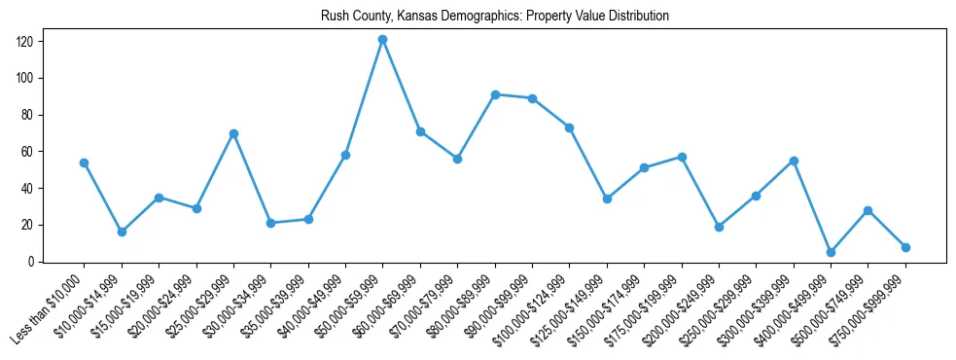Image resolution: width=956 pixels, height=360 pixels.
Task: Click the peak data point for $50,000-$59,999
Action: click(x=382, y=40)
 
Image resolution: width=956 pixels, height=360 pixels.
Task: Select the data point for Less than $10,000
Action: click(x=84, y=162)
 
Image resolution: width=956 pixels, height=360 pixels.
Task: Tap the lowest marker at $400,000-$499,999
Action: click(x=831, y=252)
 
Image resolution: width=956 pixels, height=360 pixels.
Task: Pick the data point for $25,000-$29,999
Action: click(x=233, y=133)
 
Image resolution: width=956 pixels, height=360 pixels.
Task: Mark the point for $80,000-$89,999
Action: click(x=495, y=94)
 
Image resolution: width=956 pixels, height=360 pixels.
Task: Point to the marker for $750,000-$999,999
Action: click(x=905, y=247)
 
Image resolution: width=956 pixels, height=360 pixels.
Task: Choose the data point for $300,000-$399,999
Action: click(x=794, y=161)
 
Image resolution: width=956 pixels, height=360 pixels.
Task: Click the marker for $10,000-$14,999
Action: click(x=122, y=232)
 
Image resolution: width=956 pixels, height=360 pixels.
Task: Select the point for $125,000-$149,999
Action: click(x=607, y=198)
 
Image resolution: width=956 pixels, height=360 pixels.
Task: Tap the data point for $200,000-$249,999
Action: click(x=719, y=227)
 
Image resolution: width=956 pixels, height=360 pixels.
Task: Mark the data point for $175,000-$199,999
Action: click(x=682, y=157)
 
